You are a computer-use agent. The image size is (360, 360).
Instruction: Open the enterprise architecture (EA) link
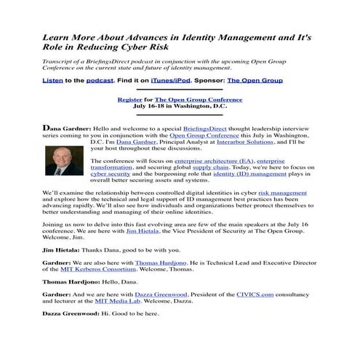click(213, 161)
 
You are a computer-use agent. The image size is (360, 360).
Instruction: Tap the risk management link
click(287, 192)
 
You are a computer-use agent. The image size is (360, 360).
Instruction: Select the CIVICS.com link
click(255, 293)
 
